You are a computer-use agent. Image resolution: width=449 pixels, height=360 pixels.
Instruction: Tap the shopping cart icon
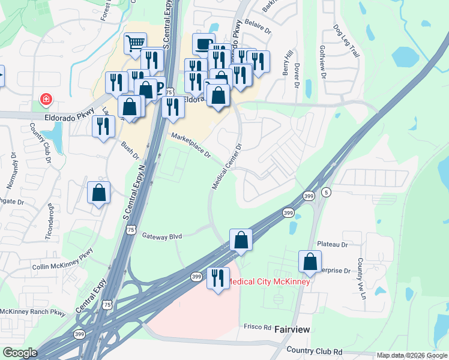[135, 43]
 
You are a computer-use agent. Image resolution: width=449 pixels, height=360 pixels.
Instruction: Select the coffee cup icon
[203, 43]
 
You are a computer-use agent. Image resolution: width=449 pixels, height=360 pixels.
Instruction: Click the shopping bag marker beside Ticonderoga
[99, 193]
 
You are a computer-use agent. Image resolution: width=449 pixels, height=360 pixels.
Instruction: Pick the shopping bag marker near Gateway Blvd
[241, 239]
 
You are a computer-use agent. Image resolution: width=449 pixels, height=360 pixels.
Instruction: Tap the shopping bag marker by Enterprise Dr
[310, 262]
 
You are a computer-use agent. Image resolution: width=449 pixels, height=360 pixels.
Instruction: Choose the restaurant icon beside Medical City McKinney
[217, 278]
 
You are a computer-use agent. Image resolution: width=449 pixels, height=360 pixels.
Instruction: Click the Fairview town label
[292, 329]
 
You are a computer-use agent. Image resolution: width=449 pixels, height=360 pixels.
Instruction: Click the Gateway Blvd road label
[161, 236]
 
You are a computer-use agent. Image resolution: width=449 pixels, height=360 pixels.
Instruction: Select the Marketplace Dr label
[191, 146]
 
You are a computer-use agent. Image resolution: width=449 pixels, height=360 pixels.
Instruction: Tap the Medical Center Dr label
[226, 167]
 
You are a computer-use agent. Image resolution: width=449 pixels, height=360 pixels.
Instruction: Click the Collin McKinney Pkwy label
[63, 259]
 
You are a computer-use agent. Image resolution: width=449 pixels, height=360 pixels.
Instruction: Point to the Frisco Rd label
[259, 327]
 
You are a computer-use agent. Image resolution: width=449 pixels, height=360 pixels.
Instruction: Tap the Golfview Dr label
[322, 62]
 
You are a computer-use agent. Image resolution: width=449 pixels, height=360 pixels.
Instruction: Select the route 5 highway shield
[326, 192]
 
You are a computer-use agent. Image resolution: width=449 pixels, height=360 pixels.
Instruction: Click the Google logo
[19, 353]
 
